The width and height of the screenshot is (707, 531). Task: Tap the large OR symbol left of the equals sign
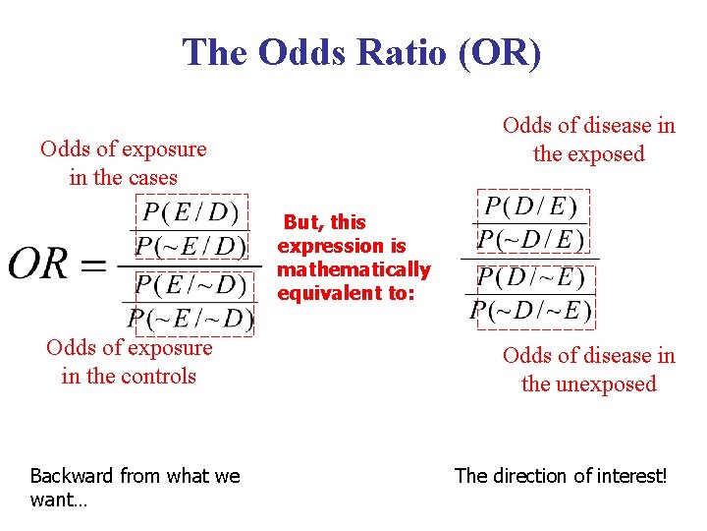click(38, 263)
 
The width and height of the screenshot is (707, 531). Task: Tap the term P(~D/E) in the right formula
click(531, 238)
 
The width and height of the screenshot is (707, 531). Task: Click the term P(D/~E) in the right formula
click(531, 278)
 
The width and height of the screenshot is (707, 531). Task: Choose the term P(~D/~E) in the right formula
click(531, 311)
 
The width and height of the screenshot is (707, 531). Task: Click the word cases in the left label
click(150, 178)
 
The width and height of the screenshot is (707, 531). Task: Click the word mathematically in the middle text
click(353, 269)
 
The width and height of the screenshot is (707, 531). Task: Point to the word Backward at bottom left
click(71, 476)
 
